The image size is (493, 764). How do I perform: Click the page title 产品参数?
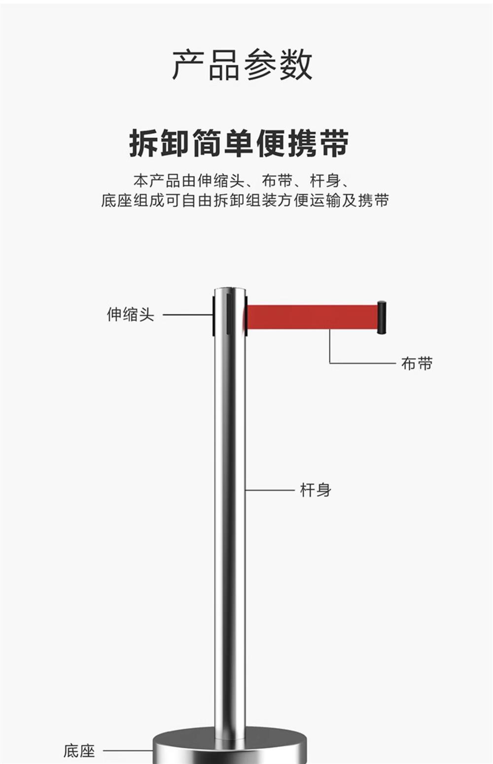[x=242, y=65]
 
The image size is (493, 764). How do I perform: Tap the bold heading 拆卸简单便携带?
[x=239, y=143]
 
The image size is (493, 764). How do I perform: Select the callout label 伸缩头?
[x=131, y=315]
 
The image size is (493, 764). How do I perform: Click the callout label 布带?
[x=417, y=364]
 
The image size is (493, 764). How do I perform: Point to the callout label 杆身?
[x=316, y=490]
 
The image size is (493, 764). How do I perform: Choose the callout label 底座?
[x=79, y=751]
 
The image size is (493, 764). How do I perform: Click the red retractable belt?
[x=311, y=316]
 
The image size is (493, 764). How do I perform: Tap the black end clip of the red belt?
[x=382, y=317]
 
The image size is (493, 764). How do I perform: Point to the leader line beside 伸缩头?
[x=187, y=315]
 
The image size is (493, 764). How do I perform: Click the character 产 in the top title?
[x=189, y=65]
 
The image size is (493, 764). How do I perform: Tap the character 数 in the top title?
[x=296, y=65]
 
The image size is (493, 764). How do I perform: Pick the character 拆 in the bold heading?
[x=144, y=143]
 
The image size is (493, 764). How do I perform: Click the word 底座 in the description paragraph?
[x=117, y=201]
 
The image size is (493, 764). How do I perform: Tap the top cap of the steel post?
[x=230, y=290]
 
